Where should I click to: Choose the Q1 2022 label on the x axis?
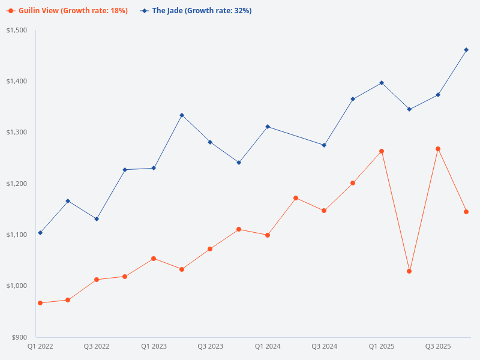(40, 346)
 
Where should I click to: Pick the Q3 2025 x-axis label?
(438, 346)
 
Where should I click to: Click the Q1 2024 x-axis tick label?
(268, 346)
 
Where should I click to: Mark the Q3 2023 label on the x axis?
(210, 346)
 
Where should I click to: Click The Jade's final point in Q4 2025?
(466, 50)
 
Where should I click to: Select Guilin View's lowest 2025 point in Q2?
(409, 271)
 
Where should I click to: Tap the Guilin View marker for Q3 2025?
(438, 149)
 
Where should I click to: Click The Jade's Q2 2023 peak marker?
(182, 115)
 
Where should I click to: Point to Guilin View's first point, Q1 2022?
(40, 303)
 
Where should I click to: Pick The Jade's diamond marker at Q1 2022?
(40, 233)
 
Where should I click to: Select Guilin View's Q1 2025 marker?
(382, 151)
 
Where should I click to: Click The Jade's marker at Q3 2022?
(97, 219)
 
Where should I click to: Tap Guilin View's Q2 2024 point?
(296, 198)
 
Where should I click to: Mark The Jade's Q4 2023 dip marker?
(239, 163)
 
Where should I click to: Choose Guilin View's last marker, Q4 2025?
(466, 212)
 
